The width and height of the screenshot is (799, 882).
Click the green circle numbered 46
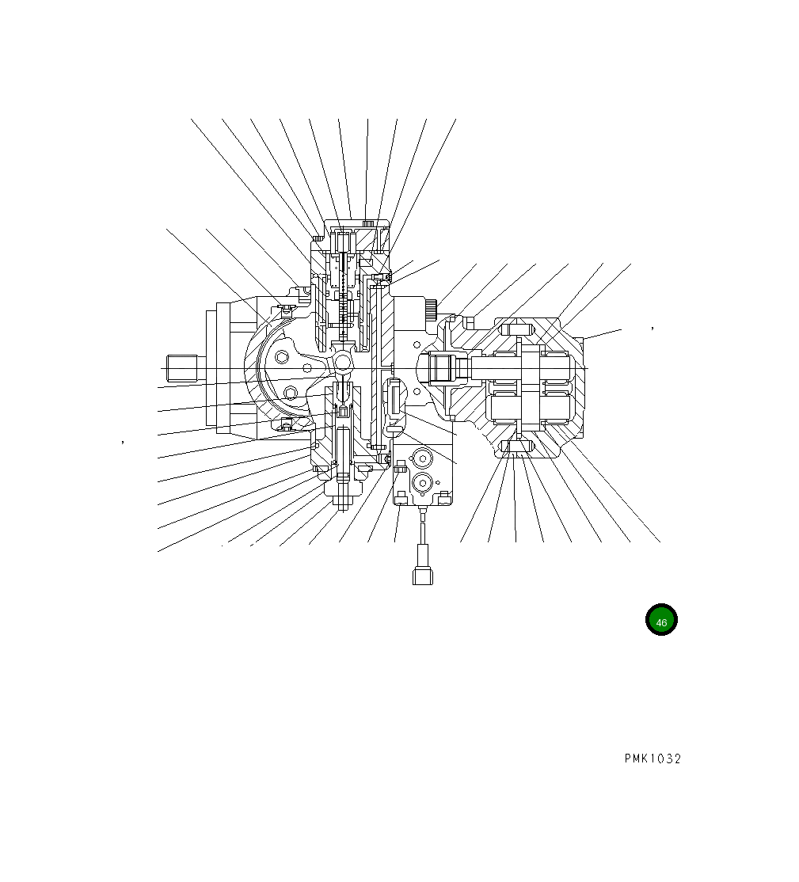point(661,621)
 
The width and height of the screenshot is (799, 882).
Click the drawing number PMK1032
point(652,758)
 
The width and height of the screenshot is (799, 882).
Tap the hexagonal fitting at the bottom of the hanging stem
point(423,575)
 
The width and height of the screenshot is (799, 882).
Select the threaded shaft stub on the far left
point(181,368)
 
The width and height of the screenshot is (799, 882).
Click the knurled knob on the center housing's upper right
point(431,310)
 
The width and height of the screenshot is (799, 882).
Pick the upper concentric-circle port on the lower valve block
point(421,458)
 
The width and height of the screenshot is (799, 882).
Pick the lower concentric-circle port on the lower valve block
point(421,482)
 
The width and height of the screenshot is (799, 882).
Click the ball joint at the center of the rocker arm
point(343,362)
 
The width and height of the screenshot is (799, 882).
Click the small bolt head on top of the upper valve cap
point(367,223)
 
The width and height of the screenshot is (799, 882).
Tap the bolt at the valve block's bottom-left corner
point(401,496)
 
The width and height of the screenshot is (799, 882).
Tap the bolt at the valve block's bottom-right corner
point(445,496)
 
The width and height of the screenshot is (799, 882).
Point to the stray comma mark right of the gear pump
point(652,326)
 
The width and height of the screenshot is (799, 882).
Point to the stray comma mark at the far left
point(123,442)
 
